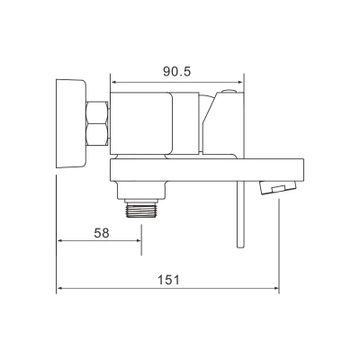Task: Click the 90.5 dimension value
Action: tap(177, 71)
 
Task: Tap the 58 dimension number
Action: tap(102, 233)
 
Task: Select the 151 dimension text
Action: tap(168, 280)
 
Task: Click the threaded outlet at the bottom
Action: tap(140, 210)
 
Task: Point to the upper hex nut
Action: tap(97, 112)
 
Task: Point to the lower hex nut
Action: tap(97, 135)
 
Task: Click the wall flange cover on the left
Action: tap(71, 123)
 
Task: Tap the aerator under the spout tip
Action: tap(278, 187)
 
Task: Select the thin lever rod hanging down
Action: tap(240, 214)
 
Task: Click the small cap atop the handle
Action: tap(229, 91)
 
